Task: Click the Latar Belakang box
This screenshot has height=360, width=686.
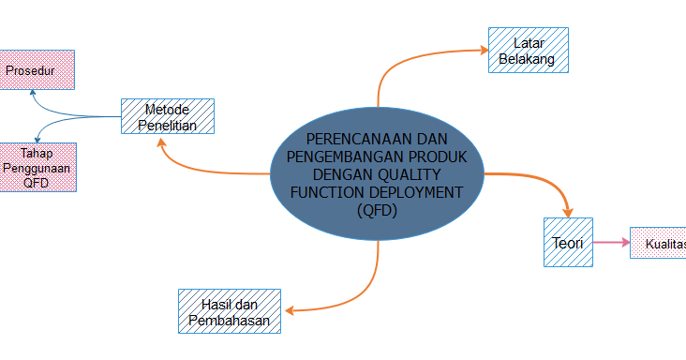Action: [529, 51]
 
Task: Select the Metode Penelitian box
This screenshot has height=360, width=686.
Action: [168, 116]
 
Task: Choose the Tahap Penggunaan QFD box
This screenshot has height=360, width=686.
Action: [37, 167]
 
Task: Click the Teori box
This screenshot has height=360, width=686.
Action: [568, 243]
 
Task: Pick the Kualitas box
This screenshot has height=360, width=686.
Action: [658, 244]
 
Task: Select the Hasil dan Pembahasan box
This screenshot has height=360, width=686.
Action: [229, 311]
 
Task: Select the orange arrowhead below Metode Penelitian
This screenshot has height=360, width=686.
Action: [162, 142]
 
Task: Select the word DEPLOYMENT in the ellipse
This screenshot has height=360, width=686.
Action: [417, 191]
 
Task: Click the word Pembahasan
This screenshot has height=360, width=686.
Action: [229, 321]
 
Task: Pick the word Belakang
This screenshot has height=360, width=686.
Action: [528, 60]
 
